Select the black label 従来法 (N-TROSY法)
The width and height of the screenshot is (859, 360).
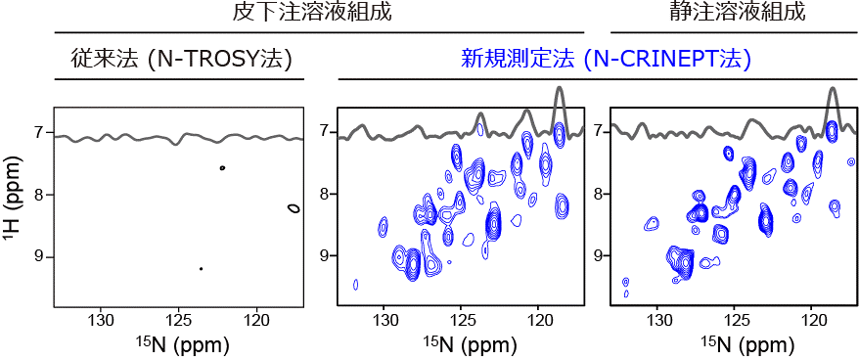pos(179,59)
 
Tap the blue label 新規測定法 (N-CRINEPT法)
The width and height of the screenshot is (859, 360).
pos(607,59)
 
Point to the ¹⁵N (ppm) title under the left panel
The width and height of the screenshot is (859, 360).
pos(178,343)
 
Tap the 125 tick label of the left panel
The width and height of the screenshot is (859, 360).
pos(179,320)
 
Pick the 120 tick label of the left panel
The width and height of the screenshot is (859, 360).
pos(256,320)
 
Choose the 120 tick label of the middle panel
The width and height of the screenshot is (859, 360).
pos(538,320)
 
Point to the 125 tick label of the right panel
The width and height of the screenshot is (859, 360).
pos(735,320)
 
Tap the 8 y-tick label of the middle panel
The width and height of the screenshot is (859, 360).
pos(324,194)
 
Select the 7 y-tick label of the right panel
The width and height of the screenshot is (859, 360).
pos(597,131)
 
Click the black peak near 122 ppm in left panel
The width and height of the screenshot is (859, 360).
pos(223,168)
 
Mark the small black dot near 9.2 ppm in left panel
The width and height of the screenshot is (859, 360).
pos(201,268)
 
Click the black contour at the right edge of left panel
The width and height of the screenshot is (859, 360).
pos(294,207)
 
